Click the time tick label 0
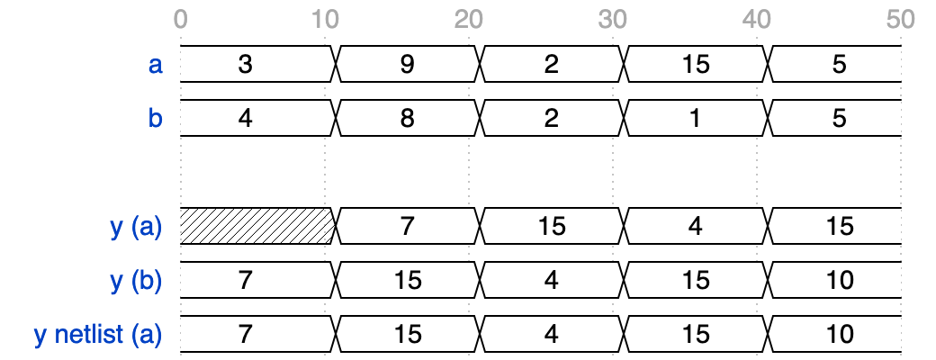[x=181, y=20]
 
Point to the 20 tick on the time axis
[x=469, y=20]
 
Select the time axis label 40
[x=757, y=20]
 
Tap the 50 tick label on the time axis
[x=901, y=20]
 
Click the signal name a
[x=155, y=65]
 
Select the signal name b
[x=155, y=118]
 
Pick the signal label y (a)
[x=137, y=227]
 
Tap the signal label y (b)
[x=137, y=281]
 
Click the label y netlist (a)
[x=98, y=334]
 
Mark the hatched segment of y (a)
[x=256, y=226]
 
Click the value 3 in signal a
[x=246, y=65]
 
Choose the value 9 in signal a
[x=407, y=65]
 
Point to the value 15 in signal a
[x=696, y=65]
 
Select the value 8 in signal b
[x=407, y=118]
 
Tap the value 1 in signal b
[x=696, y=118]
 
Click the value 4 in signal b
[x=246, y=118]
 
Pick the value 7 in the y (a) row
[x=407, y=226]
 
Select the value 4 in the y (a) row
[x=696, y=226]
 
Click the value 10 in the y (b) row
[x=840, y=280]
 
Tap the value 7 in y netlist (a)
[x=246, y=334]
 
